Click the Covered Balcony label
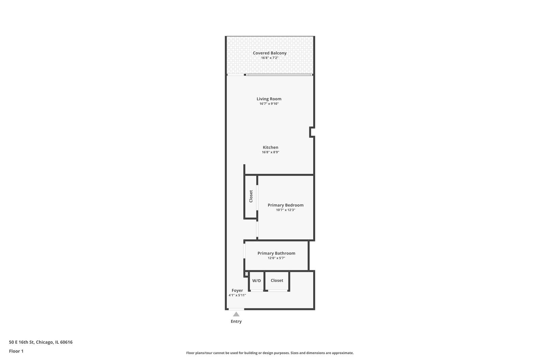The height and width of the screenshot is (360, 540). pyautogui.click(x=270, y=53)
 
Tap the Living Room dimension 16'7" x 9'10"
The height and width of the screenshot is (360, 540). pyautogui.click(x=269, y=104)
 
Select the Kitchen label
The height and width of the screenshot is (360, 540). pyautogui.click(x=270, y=148)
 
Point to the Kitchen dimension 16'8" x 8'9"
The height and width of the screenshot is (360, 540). pyautogui.click(x=270, y=152)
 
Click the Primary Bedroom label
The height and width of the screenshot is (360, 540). pyautogui.click(x=286, y=205)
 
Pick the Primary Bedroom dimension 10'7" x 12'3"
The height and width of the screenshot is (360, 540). pyautogui.click(x=286, y=210)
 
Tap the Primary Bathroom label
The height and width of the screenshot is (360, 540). pyautogui.click(x=276, y=253)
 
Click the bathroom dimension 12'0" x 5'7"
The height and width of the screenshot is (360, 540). pyautogui.click(x=276, y=258)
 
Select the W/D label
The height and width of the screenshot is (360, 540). pyautogui.click(x=256, y=281)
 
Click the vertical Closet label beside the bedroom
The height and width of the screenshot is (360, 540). pyautogui.click(x=251, y=196)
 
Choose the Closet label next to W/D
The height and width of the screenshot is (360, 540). pyautogui.click(x=277, y=280)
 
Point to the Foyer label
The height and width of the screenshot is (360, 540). pyautogui.click(x=237, y=290)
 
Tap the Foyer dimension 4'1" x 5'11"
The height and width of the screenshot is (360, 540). pyautogui.click(x=237, y=295)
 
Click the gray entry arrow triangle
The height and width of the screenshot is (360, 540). pyautogui.click(x=236, y=314)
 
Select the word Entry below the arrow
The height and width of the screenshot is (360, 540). pyautogui.click(x=236, y=322)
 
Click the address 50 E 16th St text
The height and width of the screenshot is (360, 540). pyautogui.click(x=22, y=342)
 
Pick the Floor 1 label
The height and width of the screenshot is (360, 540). pyautogui.click(x=16, y=351)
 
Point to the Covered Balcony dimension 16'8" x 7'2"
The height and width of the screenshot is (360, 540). pyautogui.click(x=270, y=58)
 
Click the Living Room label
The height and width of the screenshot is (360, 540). pyautogui.click(x=269, y=99)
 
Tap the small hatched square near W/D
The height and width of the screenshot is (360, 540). pyautogui.click(x=247, y=274)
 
